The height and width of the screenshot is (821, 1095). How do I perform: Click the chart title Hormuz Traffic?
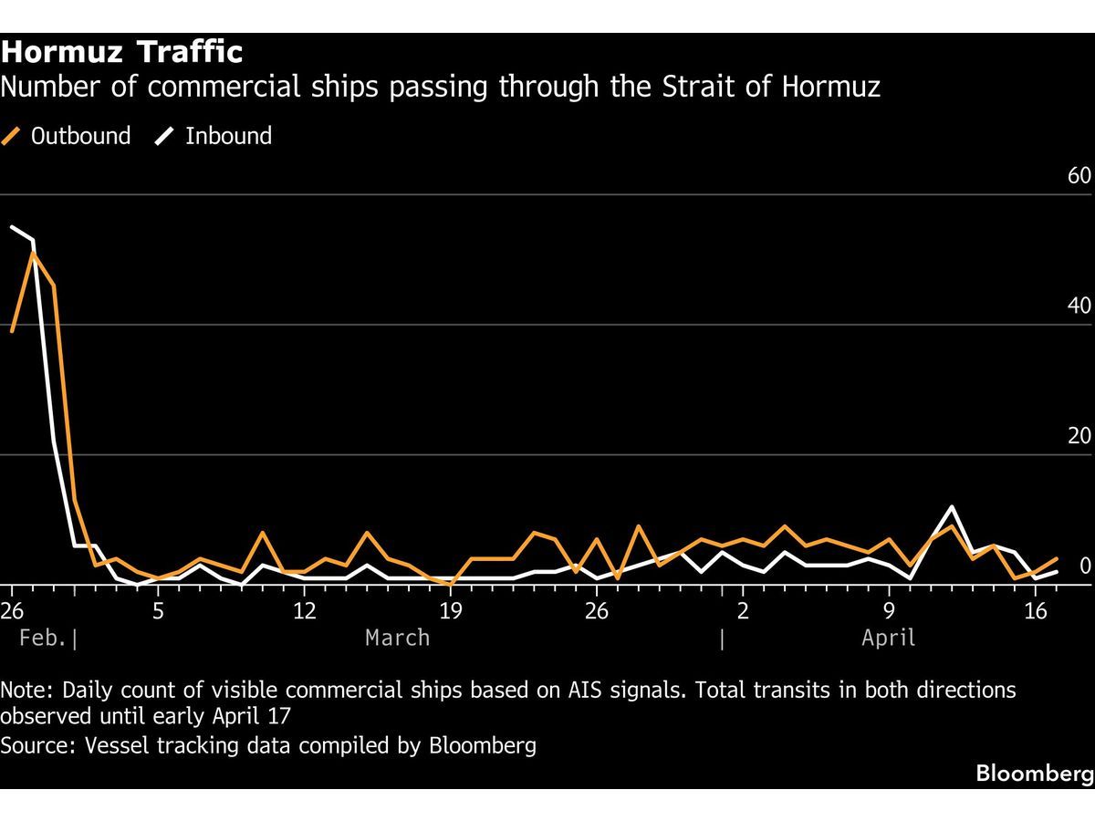click(x=122, y=52)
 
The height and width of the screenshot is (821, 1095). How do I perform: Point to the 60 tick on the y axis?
click(x=1079, y=175)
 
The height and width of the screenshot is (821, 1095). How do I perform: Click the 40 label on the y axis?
click(x=1079, y=306)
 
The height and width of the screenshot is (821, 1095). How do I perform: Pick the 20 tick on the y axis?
click(x=1079, y=436)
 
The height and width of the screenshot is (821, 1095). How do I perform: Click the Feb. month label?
click(x=43, y=638)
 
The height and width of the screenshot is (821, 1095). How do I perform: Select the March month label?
click(x=397, y=638)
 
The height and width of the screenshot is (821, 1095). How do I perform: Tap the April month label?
click(x=888, y=638)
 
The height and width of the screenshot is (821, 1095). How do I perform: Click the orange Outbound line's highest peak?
click(x=33, y=253)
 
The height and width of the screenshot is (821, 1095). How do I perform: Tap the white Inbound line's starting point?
click(x=12, y=227)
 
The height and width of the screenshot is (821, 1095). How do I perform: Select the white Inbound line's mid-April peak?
click(x=952, y=506)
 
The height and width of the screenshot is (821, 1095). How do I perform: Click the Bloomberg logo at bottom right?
click(x=1034, y=774)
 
